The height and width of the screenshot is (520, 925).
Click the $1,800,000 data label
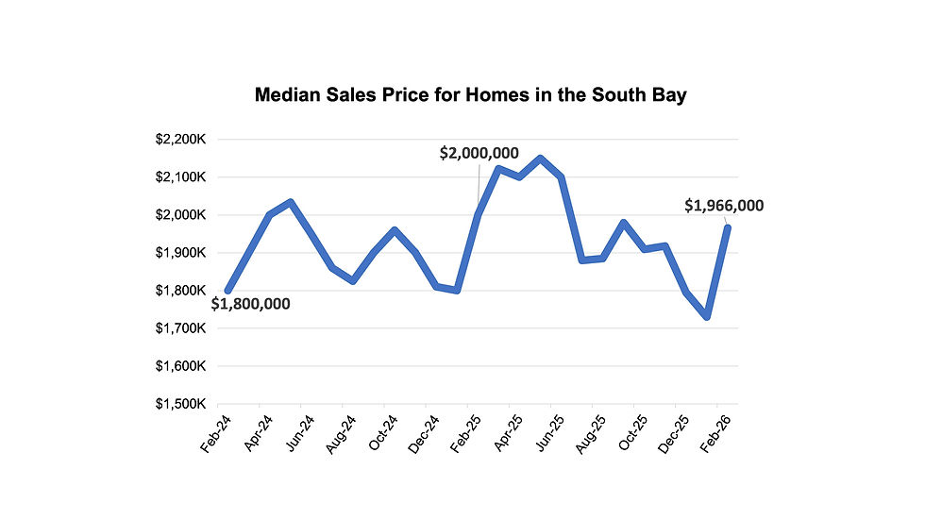coord(250,304)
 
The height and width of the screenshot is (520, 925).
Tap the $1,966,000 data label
coord(724,206)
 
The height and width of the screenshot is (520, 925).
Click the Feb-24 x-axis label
coord(215,433)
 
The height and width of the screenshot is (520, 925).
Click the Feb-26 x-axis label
coord(715,433)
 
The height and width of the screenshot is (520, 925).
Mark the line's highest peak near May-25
coord(540,159)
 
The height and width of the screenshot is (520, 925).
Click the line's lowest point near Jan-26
coord(706,317)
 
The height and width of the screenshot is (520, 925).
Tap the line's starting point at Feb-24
coord(227,290)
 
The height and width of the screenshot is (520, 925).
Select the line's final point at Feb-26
coord(727,227)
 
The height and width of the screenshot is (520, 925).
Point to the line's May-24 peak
coord(290,202)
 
